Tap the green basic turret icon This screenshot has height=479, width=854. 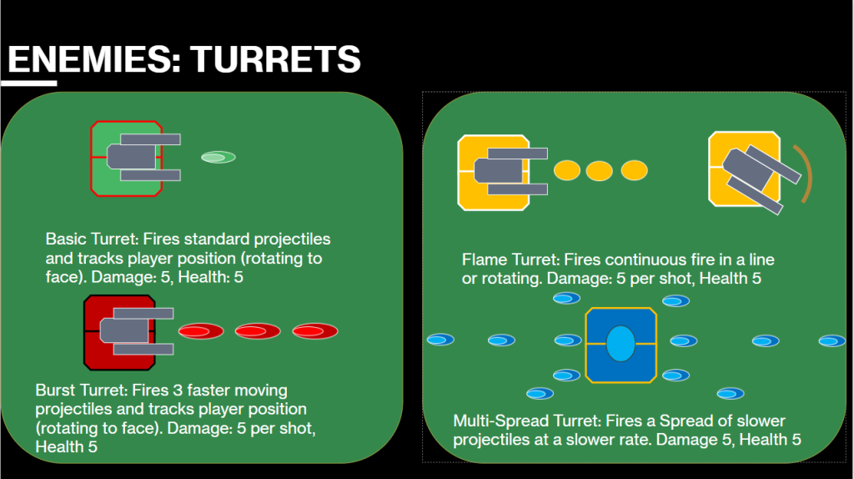click(135, 159)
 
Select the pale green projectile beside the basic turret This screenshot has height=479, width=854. click(219, 158)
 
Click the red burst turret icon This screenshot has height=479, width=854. click(128, 332)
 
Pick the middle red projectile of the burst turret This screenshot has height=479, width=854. click(258, 330)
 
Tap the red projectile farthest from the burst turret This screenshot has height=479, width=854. click(314, 330)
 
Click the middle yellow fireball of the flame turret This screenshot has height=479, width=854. click(599, 170)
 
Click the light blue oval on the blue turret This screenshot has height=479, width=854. click(620, 344)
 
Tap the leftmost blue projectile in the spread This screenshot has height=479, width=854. click(440, 340)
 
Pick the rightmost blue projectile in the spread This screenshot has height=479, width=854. click(832, 341)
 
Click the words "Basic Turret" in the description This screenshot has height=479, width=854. click(91, 239)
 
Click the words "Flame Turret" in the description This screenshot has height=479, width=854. click(510, 260)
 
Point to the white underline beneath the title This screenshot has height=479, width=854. click(29, 83)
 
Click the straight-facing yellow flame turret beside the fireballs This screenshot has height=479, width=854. click(502, 172)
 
